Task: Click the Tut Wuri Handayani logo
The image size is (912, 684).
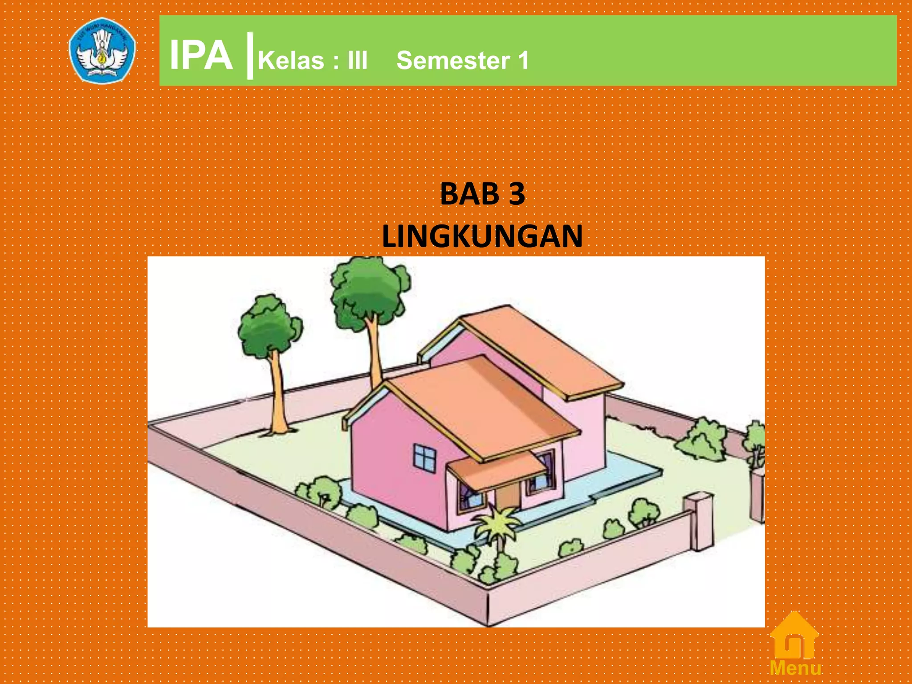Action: click(102, 50)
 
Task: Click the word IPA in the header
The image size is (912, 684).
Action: click(201, 56)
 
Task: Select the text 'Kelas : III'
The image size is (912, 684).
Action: click(313, 61)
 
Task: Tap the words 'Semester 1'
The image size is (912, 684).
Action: click(462, 61)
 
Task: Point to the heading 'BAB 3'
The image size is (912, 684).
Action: click(482, 194)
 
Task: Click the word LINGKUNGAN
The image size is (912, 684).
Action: click(482, 236)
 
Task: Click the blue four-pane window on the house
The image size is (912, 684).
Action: click(425, 458)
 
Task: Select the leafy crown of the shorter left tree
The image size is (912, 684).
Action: click(269, 325)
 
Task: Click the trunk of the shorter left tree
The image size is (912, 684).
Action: click(277, 392)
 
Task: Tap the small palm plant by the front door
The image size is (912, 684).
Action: click(497, 525)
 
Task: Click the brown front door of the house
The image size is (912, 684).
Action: click(508, 497)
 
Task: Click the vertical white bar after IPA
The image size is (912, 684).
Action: click(250, 56)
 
